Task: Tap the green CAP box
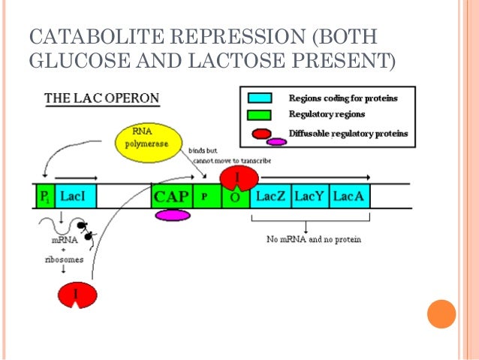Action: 171,196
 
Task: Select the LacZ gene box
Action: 270,196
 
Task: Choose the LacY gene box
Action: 309,196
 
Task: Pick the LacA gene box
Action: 349,196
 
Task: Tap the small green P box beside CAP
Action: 203,196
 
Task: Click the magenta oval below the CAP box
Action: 172,216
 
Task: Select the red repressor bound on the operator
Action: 238,177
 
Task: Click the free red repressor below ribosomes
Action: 77,294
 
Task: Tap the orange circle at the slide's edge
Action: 441,313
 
